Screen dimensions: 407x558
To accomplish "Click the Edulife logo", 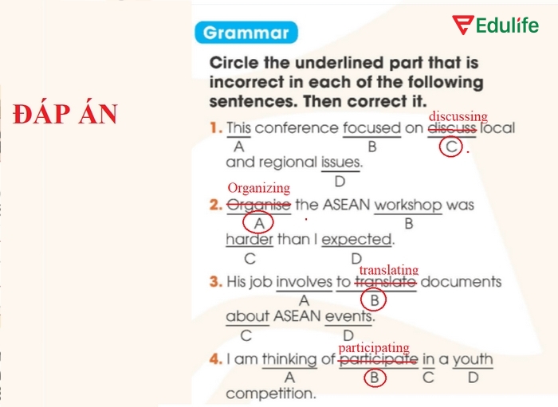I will tap(496, 26).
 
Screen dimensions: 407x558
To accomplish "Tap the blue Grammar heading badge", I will tap(246, 33).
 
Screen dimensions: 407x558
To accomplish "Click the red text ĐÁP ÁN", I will tap(65, 115).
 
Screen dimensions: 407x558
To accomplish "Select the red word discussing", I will tap(458, 117).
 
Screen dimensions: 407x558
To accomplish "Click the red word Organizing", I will tap(258, 188).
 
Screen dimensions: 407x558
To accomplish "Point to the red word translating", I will tap(388, 270).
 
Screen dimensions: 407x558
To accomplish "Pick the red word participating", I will tap(374, 348).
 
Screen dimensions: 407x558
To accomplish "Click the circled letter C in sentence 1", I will tap(452, 147).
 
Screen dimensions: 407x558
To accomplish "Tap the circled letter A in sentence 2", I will tap(258, 224).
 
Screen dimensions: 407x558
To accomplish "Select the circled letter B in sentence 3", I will tap(374, 300).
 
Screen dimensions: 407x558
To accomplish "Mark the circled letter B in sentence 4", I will tap(374, 378).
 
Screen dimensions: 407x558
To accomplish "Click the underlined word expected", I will tap(357, 239).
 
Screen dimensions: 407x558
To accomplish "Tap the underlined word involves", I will tap(304, 282).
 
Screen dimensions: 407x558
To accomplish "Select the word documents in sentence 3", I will tap(461, 282).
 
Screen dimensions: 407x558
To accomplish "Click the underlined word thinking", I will tap(289, 359).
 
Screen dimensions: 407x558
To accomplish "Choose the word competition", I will tap(270, 393).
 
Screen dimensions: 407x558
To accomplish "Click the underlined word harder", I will tap(250, 239).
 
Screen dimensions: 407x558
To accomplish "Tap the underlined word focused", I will tap(371, 128).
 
